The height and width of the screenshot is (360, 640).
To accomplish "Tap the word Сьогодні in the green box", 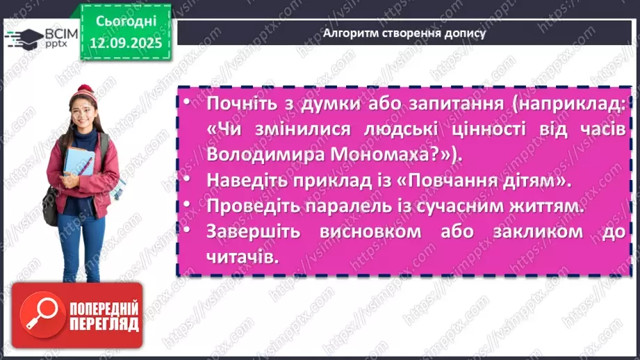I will (126, 22).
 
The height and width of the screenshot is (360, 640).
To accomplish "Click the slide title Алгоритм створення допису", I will (405, 33).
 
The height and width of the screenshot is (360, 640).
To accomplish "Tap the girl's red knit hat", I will (85, 93).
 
